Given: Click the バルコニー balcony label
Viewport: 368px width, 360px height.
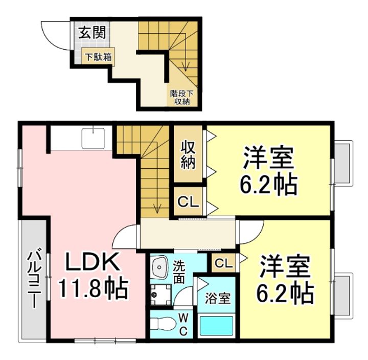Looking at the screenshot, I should (34, 279).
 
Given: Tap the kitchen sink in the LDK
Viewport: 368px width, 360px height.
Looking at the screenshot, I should (94, 138).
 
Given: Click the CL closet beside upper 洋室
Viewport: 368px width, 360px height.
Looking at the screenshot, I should (188, 201).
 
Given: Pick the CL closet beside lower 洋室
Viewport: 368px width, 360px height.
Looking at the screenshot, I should (223, 263).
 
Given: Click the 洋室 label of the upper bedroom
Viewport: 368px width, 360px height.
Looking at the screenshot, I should (269, 158).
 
